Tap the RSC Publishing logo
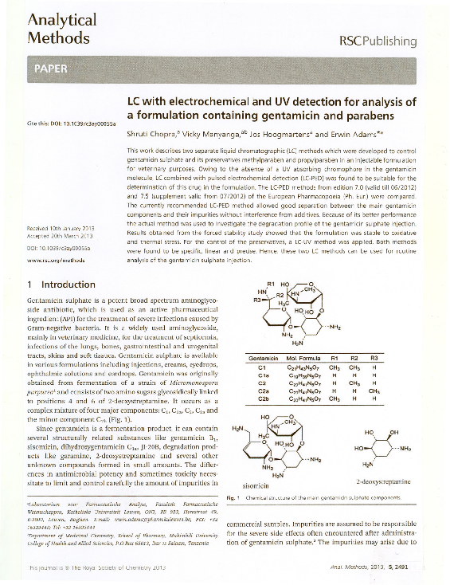378,40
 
